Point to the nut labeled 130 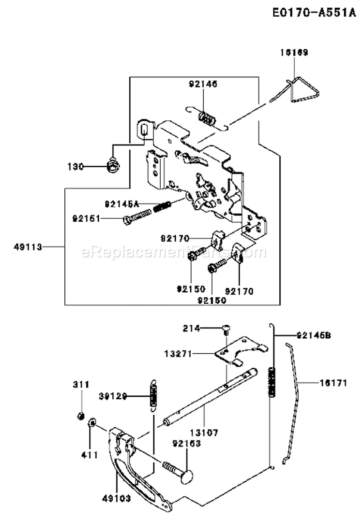[x=114, y=166]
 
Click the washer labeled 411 [x=91, y=424]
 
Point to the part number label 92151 [x=86, y=218]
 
